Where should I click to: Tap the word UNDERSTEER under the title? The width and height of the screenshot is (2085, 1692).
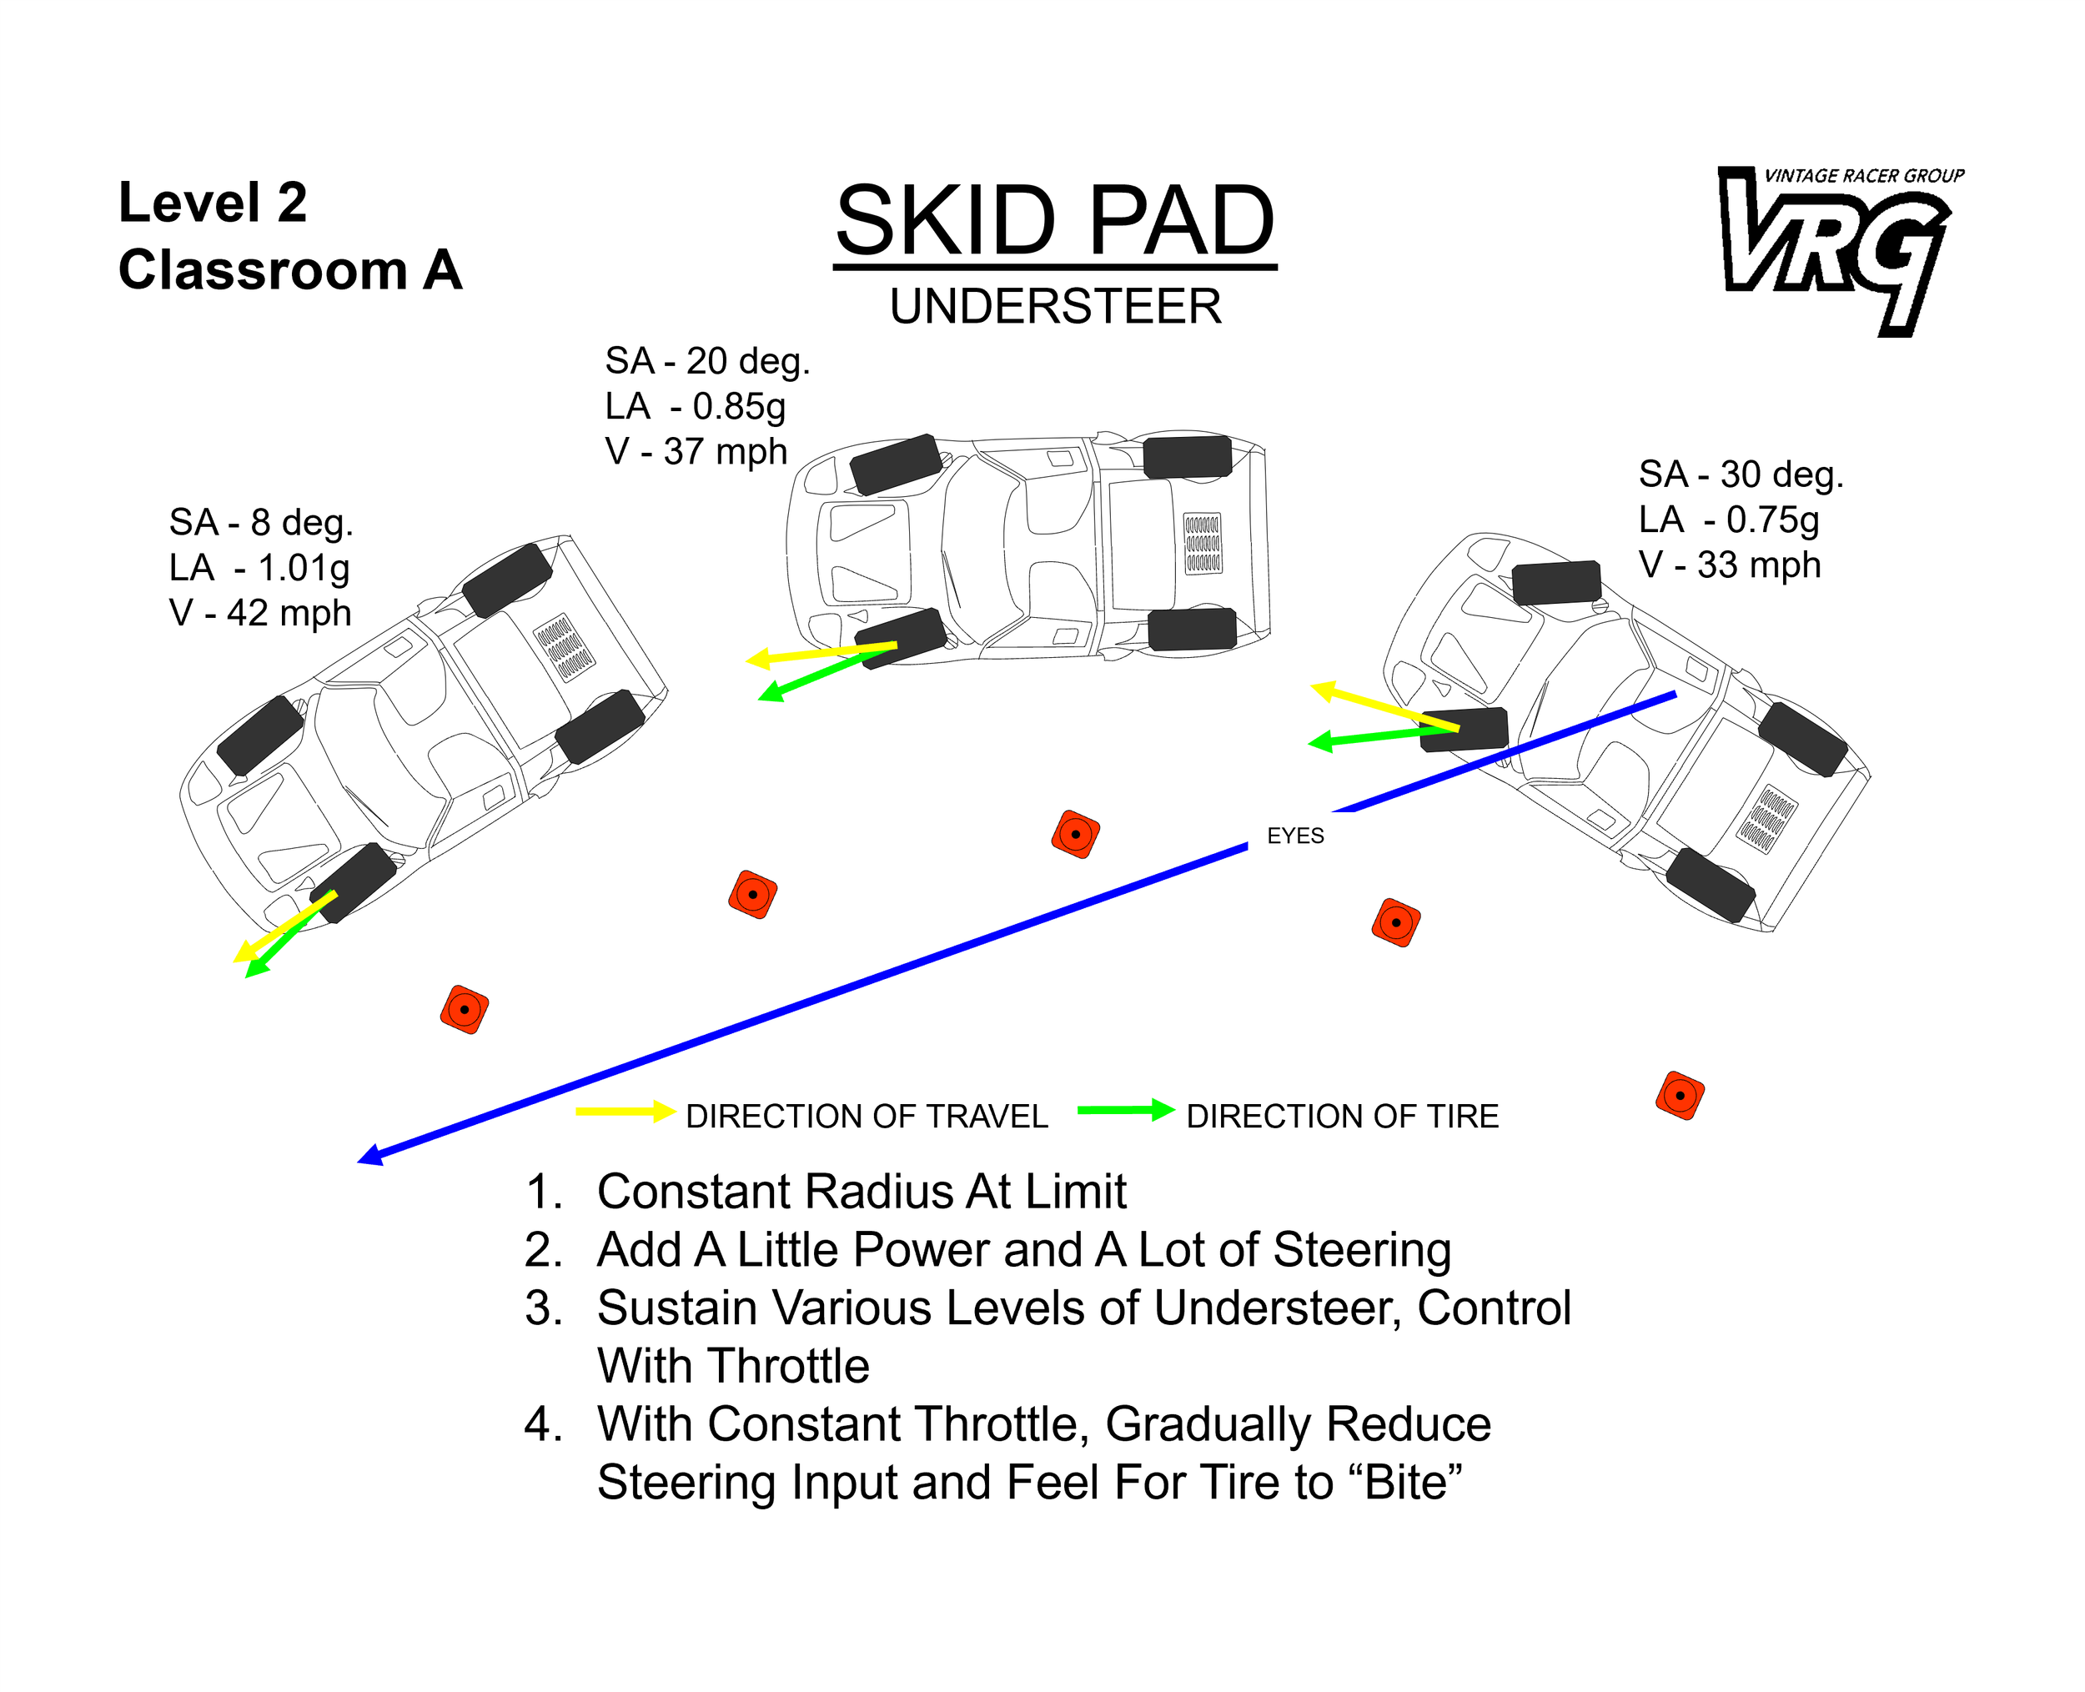(x=1055, y=307)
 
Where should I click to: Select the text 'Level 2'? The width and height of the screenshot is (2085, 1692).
(x=213, y=203)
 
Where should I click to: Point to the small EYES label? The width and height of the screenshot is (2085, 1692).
(x=1294, y=836)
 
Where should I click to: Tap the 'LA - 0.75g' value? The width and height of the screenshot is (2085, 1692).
(x=1728, y=520)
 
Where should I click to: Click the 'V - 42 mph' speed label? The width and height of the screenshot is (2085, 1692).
(x=259, y=614)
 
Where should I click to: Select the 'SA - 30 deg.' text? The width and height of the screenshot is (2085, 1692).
(x=1740, y=474)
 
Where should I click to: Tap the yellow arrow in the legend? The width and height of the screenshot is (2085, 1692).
(x=625, y=1111)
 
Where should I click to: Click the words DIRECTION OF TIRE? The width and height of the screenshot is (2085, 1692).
(x=1341, y=1117)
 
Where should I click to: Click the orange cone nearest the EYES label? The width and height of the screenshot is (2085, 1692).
(x=1395, y=922)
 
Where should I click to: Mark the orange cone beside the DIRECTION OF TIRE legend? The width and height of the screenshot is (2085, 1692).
(x=1679, y=1096)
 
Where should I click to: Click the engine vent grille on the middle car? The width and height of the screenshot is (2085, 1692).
(x=1202, y=543)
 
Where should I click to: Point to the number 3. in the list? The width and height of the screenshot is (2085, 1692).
(x=543, y=1308)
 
